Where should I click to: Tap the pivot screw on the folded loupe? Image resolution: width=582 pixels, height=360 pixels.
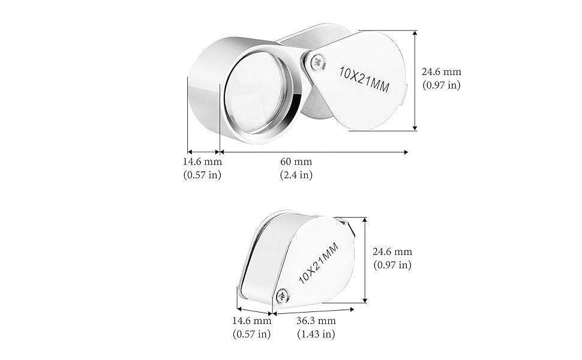(282, 295)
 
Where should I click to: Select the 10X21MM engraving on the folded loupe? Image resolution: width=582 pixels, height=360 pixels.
(318, 260)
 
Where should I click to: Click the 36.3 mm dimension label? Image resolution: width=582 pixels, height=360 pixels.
(316, 321)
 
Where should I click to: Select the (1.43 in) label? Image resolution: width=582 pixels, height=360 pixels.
(316, 334)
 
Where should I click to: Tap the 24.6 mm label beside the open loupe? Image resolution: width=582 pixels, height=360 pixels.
(442, 72)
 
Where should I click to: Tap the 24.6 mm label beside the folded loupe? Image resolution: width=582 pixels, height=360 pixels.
(392, 252)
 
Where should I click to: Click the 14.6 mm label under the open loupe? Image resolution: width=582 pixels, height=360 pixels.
(202, 162)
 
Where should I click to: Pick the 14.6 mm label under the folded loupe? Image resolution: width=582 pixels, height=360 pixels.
(251, 321)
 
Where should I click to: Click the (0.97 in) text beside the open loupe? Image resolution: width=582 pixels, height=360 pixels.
(442, 85)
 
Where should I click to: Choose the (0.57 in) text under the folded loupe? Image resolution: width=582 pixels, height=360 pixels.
(251, 334)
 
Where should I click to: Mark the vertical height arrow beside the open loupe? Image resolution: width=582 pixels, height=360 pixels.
(415, 80)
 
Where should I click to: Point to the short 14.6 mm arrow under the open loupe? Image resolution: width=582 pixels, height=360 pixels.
(203, 152)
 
